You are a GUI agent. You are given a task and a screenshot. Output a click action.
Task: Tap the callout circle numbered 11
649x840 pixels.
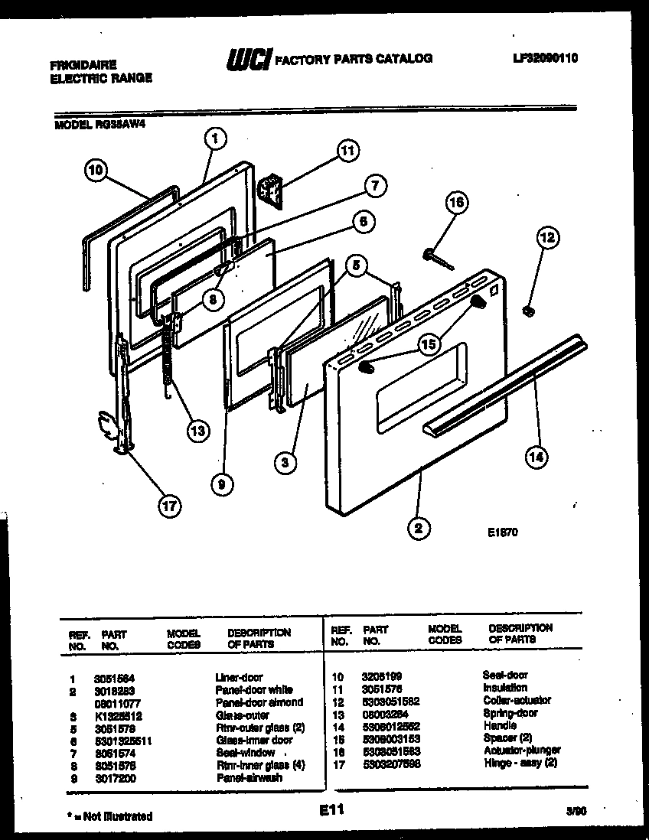(348, 151)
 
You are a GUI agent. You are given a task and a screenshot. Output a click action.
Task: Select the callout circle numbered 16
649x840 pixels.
(456, 203)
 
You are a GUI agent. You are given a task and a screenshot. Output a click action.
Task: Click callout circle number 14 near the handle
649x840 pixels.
(536, 457)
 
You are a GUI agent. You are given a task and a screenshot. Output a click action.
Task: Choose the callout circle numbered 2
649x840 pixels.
(419, 527)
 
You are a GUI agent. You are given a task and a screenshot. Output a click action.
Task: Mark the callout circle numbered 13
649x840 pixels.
(198, 431)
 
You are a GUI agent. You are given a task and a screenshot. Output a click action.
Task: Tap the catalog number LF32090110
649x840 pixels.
(540, 57)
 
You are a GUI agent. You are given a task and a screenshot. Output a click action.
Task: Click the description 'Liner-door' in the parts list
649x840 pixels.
(239, 677)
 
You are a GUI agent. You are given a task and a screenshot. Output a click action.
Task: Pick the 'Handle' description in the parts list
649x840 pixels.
(500, 725)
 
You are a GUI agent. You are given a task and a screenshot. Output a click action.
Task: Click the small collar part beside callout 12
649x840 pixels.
(527, 310)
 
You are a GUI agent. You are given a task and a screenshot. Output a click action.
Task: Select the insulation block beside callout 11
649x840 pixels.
(269, 187)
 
